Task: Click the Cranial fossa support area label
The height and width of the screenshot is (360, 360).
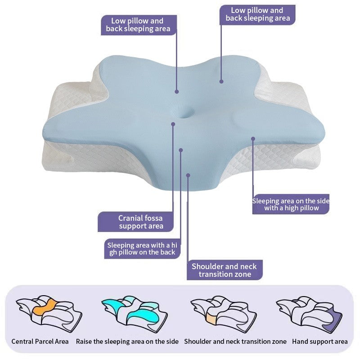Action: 136,222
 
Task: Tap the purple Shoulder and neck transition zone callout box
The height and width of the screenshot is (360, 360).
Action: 225,270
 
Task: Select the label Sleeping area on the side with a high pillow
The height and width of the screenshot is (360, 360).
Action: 291,204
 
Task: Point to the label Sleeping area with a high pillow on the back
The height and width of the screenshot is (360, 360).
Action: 142,249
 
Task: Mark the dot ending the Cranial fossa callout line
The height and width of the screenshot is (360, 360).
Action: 173,124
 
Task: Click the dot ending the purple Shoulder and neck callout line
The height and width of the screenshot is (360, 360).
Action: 188,175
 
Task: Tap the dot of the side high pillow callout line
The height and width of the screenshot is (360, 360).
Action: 253,139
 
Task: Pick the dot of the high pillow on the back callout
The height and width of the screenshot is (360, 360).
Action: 181,150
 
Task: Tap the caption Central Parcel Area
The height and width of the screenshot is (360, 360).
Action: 40,342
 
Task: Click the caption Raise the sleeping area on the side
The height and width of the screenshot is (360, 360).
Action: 127,342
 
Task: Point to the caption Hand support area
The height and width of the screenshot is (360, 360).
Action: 320,342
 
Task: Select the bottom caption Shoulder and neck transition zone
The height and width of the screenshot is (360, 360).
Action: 235,342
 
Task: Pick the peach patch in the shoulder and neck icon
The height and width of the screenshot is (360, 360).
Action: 211,318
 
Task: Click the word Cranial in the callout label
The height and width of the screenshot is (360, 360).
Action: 129,218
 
